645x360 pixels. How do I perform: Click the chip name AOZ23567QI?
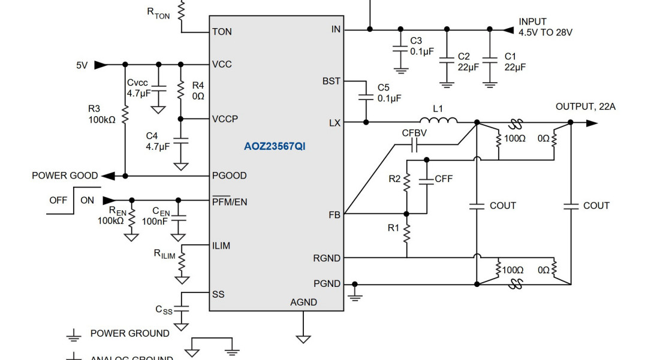tap(274, 146)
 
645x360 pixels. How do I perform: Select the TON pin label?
tap(222, 32)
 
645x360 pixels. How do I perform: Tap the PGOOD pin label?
tap(229, 176)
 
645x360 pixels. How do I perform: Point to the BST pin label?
tap(331, 81)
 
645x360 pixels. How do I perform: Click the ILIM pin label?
tap(221, 246)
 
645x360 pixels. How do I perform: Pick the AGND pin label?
tap(303, 302)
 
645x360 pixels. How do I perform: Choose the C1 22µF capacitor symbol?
tap(490, 59)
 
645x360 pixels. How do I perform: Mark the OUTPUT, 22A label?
tap(585, 107)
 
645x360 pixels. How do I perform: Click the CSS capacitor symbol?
tap(181, 309)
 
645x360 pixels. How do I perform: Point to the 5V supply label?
tap(82, 65)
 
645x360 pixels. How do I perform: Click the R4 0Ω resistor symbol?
tap(180, 90)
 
